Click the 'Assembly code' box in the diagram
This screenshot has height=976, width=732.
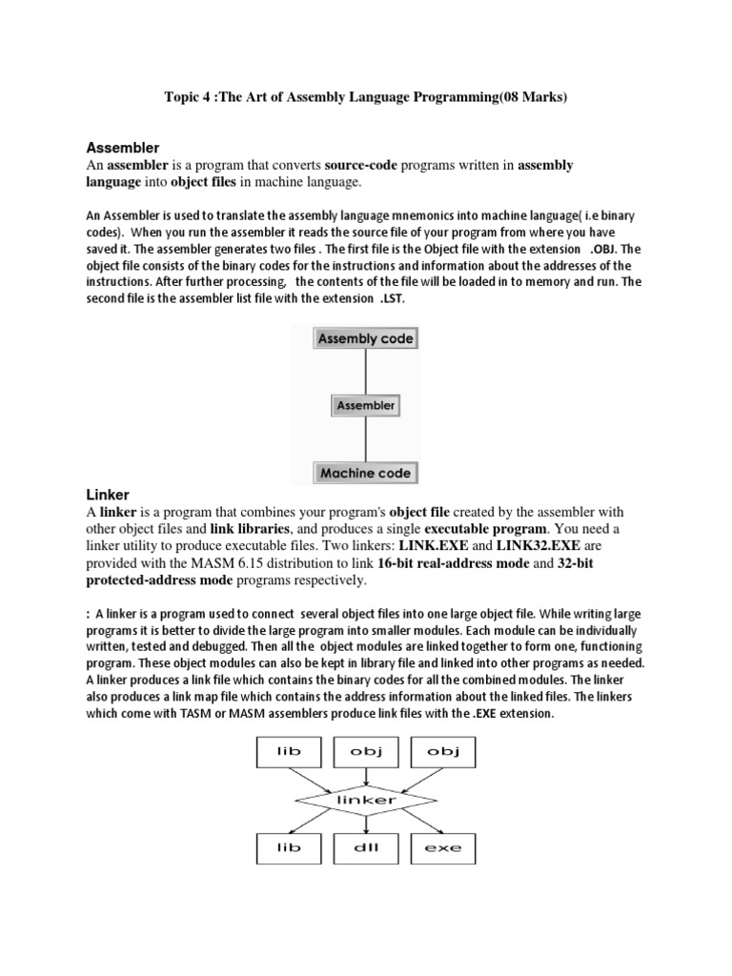coord(366,338)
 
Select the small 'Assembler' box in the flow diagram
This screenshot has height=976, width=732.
coord(366,405)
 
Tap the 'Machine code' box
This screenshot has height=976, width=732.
coord(366,473)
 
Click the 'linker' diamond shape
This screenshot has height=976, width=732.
coord(366,801)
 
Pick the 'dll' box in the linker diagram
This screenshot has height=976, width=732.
coord(366,847)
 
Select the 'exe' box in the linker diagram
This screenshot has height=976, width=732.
coord(442,847)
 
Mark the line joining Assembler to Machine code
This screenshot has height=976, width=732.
coord(366,439)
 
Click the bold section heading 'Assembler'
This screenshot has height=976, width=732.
coord(123,148)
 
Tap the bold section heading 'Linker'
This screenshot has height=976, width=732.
coord(108,495)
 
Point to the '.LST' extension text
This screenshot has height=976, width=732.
coord(393,298)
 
